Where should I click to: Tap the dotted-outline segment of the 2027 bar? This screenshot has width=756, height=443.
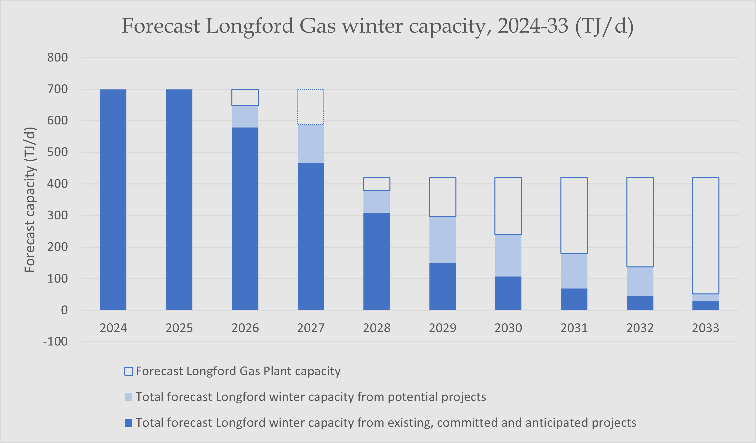(310, 107)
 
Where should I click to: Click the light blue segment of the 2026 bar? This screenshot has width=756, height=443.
(245, 116)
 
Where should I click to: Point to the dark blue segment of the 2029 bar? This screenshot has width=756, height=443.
(442, 286)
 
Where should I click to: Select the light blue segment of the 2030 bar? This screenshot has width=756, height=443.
(508, 255)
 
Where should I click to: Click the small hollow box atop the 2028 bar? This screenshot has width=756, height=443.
(376, 184)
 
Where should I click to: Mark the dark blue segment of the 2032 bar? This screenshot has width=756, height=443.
(640, 303)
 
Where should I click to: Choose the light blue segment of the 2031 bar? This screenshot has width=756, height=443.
(574, 271)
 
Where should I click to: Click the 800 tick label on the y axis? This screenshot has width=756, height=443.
(57, 58)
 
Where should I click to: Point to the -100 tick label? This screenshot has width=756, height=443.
(55, 342)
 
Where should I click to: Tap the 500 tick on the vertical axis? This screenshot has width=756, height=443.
(57, 152)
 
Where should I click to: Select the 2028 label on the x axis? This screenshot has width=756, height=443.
(376, 328)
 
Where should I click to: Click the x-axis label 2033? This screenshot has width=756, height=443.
(705, 328)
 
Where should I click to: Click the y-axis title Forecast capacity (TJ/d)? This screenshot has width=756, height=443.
(30, 200)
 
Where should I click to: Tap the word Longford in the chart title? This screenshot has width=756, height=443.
(250, 26)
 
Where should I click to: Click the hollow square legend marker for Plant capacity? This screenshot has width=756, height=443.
(129, 371)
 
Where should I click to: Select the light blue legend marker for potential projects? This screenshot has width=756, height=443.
(129, 397)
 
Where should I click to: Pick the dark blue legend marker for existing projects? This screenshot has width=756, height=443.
(129, 423)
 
